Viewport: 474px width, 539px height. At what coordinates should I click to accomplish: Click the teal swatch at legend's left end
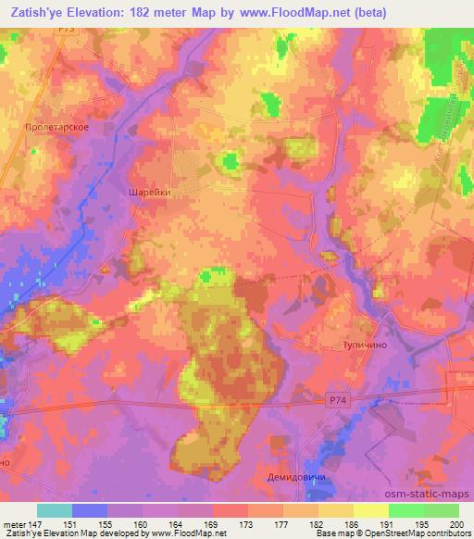click(x=55, y=510)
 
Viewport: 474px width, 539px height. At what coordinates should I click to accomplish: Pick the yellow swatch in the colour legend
click(x=370, y=510)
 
